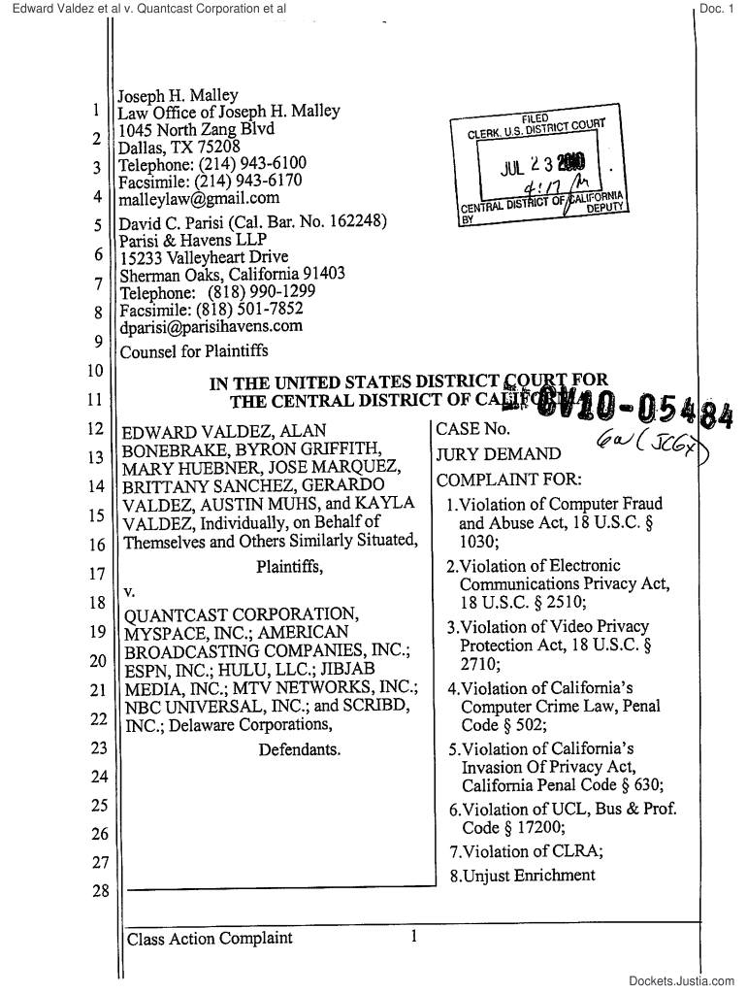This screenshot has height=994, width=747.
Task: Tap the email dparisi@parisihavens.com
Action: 211,327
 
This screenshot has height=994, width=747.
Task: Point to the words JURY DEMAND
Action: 499,454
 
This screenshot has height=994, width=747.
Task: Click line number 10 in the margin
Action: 96,371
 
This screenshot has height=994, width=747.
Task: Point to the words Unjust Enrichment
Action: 529,876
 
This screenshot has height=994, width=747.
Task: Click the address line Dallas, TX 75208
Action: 178,148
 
